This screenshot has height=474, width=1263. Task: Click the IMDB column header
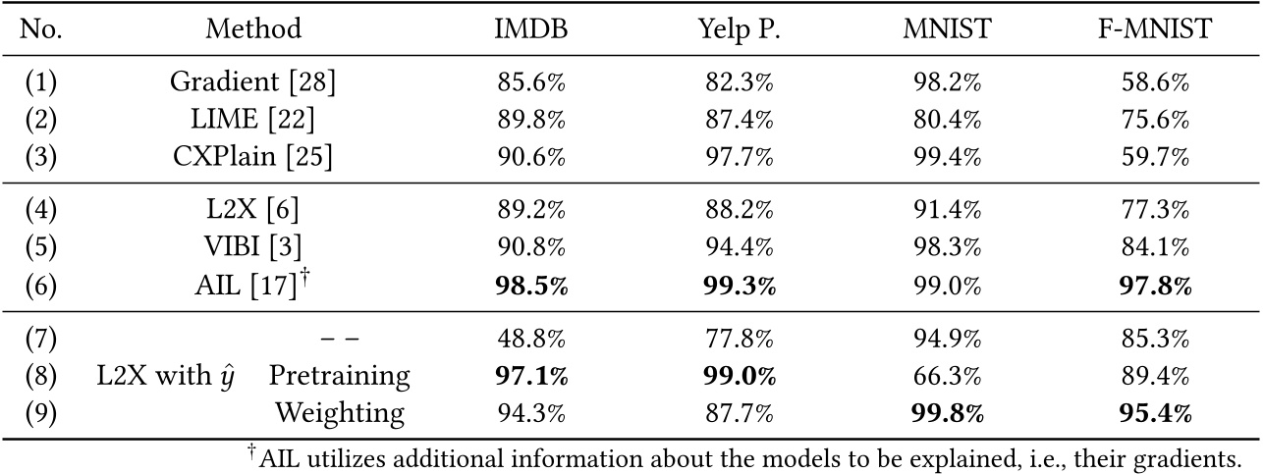click(530, 30)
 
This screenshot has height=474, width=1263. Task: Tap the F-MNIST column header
click(1150, 30)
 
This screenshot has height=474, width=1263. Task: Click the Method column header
click(253, 30)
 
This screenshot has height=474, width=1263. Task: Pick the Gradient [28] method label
click(253, 83)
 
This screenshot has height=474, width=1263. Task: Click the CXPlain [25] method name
click(253, 157)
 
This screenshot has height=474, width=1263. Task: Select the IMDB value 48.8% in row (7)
click(530, 340)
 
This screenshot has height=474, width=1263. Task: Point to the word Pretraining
click(339, 377)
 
